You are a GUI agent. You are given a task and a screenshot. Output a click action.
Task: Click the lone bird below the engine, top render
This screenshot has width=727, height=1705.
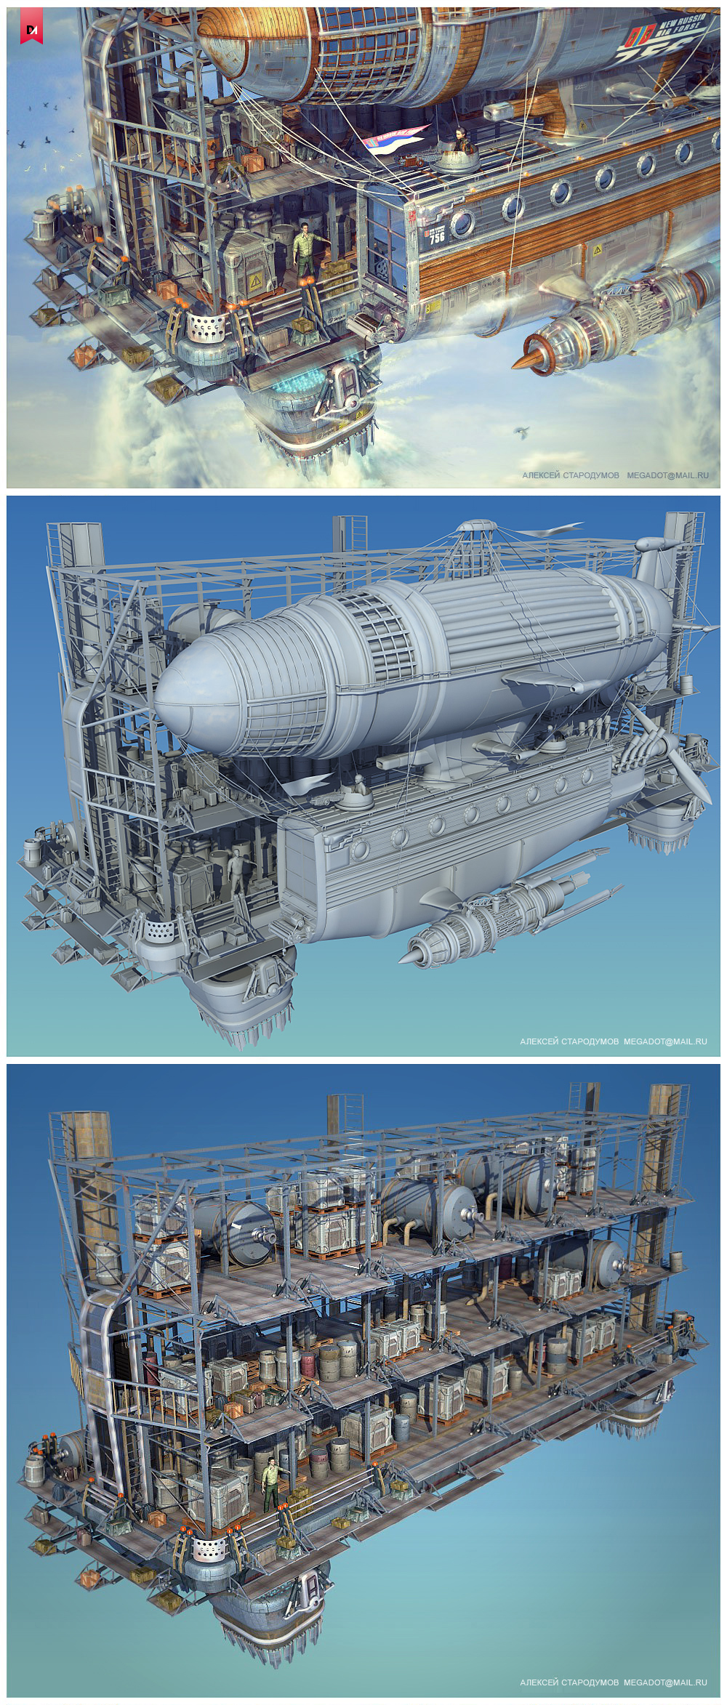pyautogui.click(x=521, y=432)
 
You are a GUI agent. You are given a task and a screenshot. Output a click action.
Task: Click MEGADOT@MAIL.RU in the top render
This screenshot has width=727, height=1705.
pyautogui.click(x=667, y=475)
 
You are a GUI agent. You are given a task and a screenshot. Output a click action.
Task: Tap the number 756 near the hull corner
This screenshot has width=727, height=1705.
pyautogui.click(x=436, y=237)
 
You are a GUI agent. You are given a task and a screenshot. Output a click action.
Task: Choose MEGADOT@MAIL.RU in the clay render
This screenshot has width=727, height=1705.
pyautogui.click(x=665, y=1041)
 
